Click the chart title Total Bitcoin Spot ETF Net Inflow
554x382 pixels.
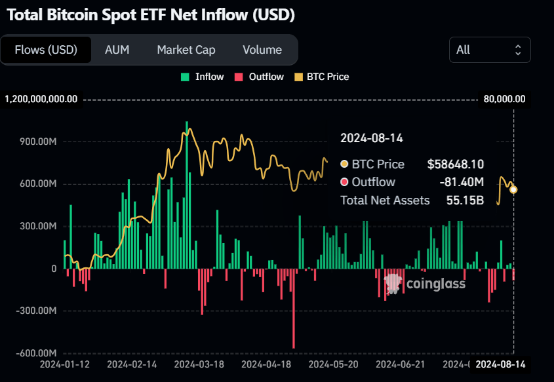click(151, 14)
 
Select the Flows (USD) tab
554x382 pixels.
click(46, 50)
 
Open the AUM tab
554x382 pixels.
click(117, 50)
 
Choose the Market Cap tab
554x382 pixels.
click(186, 50)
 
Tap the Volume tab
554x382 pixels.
click(262, 50)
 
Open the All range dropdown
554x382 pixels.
click(490, 50)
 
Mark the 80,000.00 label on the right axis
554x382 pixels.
click(504, 99)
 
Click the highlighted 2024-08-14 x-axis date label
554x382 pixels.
click(500, 364)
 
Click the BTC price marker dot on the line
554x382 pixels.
click(513, 189)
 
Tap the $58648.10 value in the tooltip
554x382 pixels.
click(455, 164)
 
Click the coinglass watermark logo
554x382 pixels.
click(425, 283)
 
